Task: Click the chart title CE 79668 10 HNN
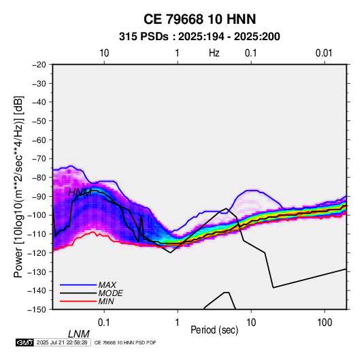tap(199, 19)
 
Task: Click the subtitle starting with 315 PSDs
tap(199, 37)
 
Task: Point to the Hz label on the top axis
tap(214, 53)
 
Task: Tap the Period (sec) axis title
tap(214, 329)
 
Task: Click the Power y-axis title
tap(18, 187)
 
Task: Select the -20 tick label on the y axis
tap(39, 65)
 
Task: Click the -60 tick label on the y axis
tap(39, 140)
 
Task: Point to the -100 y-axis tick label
tap(37, 215)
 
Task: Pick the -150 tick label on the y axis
tap(37, 310)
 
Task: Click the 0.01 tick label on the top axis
tap(324, 53)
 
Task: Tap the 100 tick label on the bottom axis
tap(325, 323)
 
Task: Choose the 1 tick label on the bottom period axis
tap(178, 323)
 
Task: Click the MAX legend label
tap(107, 284)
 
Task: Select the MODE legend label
tap(110, 293)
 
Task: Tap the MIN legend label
tap(106, 301)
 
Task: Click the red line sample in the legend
tap(78, 301)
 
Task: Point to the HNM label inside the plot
tap(80, 193)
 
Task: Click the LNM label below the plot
tap(79, 334)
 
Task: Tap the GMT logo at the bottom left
tap(24, 342)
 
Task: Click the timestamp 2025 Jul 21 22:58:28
tap(62, 342)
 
